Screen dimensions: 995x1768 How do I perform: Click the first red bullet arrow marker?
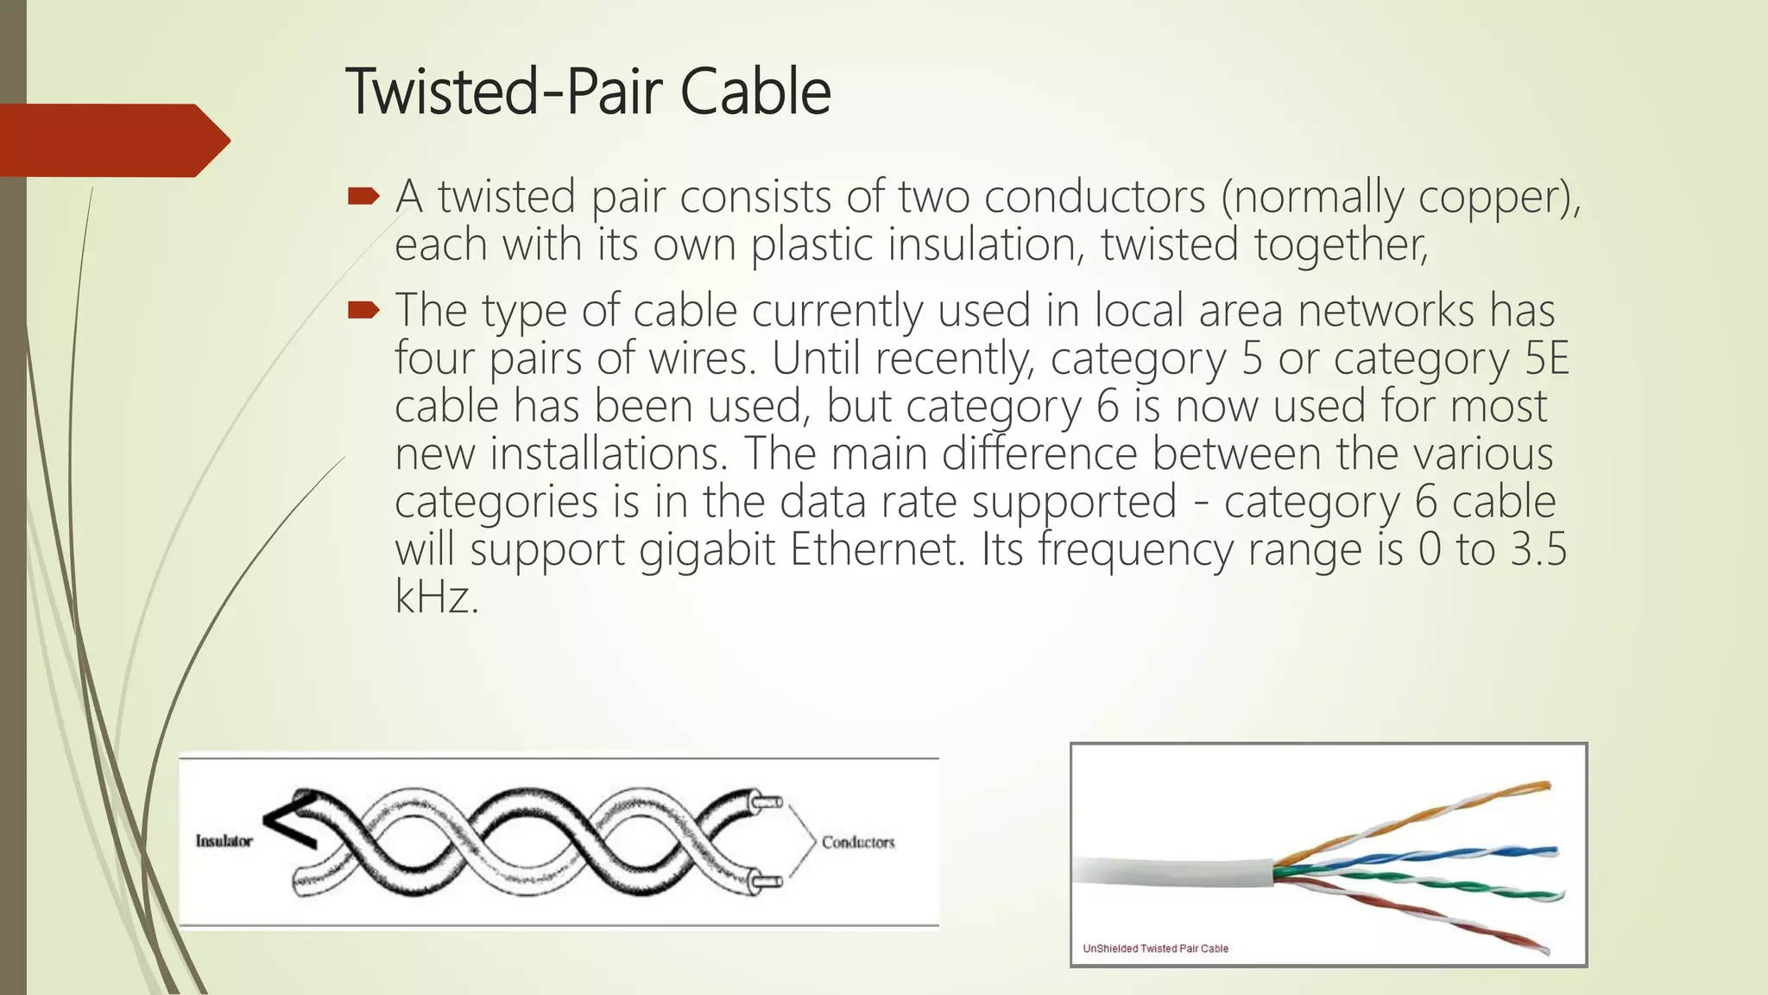(363, 198)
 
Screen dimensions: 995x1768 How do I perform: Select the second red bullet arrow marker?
(363, 310)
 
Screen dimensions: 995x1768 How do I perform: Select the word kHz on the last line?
(436, 597)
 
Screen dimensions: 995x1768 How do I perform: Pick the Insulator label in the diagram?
(224, 841)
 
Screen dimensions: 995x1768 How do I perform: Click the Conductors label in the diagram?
(857, 842)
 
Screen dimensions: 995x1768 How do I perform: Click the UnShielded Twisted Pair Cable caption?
(1155, 948)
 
